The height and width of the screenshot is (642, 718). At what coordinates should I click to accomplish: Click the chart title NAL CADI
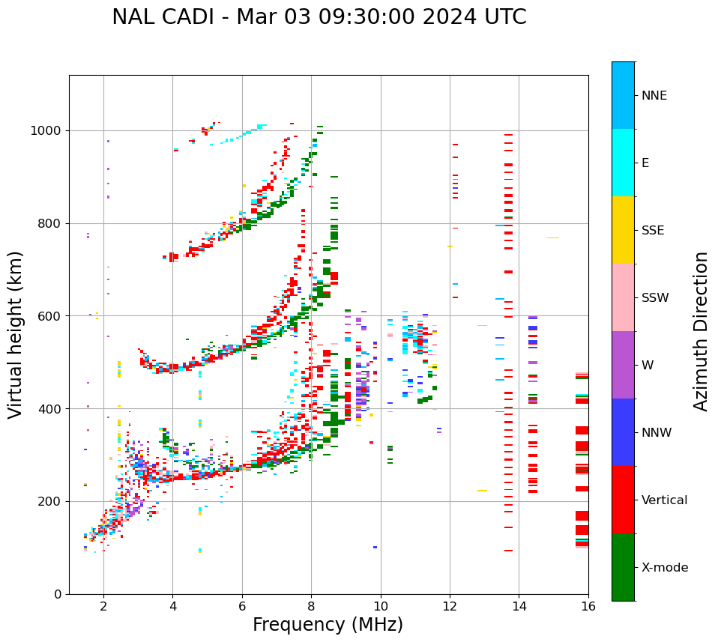point(319,17)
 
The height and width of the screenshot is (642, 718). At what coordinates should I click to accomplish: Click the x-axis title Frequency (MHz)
point(328,625)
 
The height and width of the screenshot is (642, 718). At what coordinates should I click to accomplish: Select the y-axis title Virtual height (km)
point(16,334)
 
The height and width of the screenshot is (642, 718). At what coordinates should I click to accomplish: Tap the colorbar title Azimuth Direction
point(701,331)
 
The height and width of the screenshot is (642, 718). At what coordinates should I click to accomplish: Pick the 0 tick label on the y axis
point(58,594)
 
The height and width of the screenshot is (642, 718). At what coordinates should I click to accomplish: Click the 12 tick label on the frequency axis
point(450,606)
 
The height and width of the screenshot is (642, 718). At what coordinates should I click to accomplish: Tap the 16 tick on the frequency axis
point(588,606)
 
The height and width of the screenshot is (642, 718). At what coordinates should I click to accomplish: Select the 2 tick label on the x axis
point(103,606)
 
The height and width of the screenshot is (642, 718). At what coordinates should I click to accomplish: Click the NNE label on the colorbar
point(654,96)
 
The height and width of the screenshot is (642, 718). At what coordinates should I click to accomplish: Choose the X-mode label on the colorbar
point(664,568)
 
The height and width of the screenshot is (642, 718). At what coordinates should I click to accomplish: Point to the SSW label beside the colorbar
point(655,298)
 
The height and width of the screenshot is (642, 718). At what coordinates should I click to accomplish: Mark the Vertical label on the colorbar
point(664,500)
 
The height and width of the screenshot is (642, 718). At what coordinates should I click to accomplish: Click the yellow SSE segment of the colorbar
point(623,230)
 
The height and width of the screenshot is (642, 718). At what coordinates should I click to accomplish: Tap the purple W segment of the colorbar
point(623,365)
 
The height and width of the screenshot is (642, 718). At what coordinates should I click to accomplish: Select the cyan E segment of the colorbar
point(623,163)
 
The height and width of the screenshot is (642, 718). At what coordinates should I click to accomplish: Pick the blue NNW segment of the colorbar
point(623,432)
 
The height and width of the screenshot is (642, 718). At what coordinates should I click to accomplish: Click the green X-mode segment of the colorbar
point(623,567)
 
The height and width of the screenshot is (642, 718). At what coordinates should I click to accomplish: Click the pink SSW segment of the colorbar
point(623,297)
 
